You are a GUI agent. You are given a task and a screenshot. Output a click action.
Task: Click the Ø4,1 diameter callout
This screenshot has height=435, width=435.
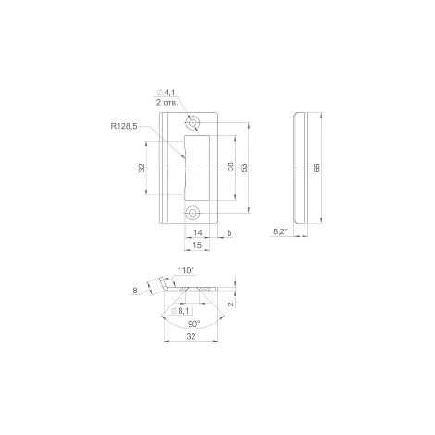(166, 93)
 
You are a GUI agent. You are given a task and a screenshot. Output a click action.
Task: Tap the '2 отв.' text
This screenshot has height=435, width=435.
(167, 103)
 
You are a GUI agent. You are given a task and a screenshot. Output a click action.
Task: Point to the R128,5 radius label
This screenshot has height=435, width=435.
(124, 126)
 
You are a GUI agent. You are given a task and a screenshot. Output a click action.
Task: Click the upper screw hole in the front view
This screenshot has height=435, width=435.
(193, 123)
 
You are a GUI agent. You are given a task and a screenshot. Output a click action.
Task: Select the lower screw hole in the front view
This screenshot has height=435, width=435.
(193, 213)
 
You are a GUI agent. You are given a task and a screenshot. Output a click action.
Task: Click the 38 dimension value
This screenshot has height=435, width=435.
(230, 167)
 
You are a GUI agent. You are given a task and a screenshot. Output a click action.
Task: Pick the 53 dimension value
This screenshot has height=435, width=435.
(244, 168)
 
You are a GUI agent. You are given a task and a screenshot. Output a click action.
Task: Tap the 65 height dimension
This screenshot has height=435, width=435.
(317, 168)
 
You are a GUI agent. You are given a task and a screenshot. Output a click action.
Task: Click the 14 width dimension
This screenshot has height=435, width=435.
(197, 233)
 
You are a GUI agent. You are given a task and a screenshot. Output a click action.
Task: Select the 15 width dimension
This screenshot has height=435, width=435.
(197, 245)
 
